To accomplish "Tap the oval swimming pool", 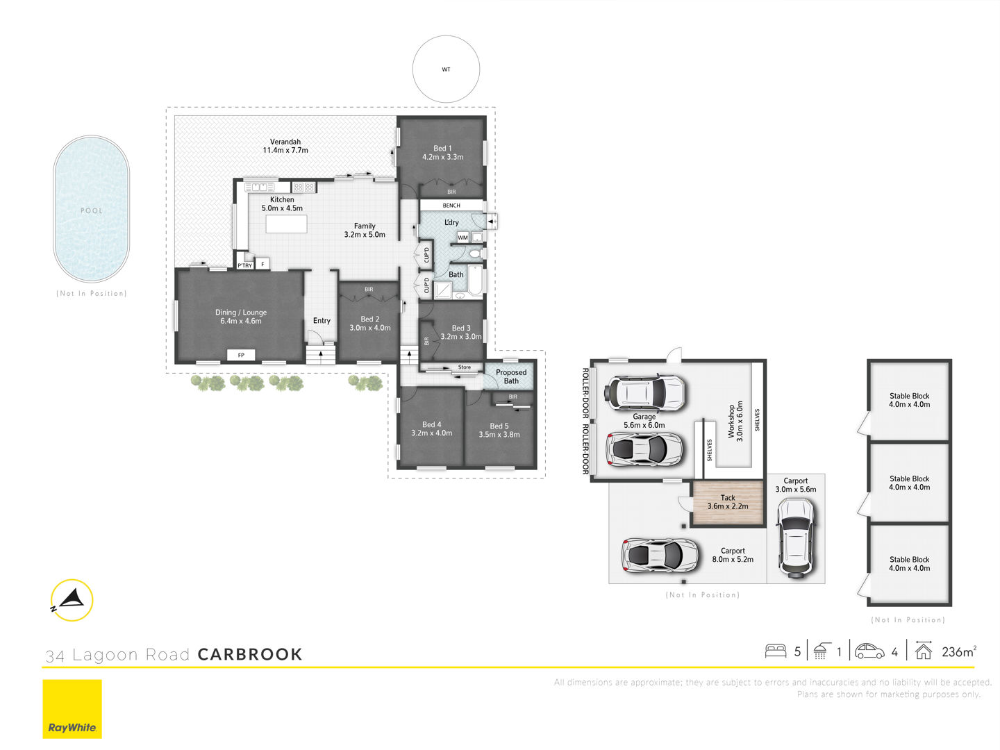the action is (92, 209).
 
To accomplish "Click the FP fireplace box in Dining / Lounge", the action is (241, 355).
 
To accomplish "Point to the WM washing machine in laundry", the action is (463, 237).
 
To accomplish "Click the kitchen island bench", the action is (286, 224).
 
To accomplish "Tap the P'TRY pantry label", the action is (244, 265).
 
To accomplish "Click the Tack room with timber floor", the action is (728, 502).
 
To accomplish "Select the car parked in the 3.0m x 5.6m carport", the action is (796, 537).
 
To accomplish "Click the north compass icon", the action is (72, 600).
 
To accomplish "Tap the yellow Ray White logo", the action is (72, 708).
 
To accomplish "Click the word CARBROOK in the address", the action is (250, 654).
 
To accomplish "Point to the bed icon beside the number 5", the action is (776, 651).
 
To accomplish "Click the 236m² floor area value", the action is (959, 651).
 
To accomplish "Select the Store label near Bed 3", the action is (465, 367).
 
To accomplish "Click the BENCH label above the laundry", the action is (451, 206).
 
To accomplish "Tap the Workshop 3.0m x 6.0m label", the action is (735, 422).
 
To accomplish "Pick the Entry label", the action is (322, 321).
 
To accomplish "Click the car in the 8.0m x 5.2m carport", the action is (660, 555).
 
